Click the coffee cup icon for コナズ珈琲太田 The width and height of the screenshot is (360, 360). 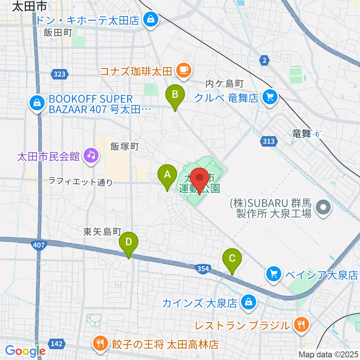(x=183, y=70)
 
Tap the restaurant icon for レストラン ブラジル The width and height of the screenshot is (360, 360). (x=301, y=324)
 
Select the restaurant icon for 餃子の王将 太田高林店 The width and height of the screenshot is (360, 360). (x=100, y=344)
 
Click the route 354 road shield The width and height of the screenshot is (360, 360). (x=203, y=268)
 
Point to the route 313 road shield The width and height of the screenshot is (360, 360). (x=268, y=141)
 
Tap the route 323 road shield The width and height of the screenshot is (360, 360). (x=60, y=74)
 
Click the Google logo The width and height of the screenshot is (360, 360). (x=25, y=351)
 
